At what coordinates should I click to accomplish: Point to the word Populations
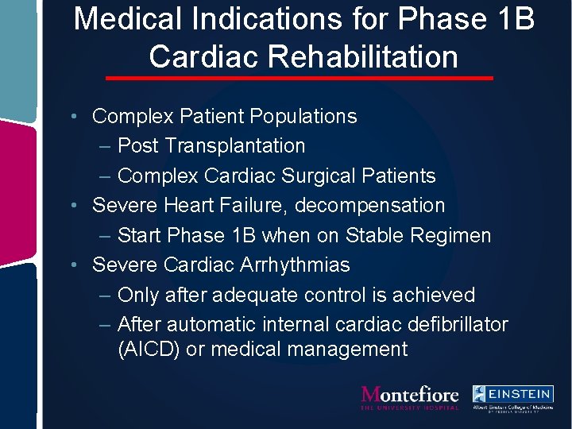click(303, 117)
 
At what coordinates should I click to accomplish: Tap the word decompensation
click(369, 206)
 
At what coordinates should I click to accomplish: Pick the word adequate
click(261, 295)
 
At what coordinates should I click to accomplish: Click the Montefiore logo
click(410, 396)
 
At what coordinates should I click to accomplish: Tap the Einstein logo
click(512, 396)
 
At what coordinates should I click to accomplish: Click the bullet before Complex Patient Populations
click(72, 117)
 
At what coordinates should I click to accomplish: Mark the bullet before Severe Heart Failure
click(72, 206)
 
